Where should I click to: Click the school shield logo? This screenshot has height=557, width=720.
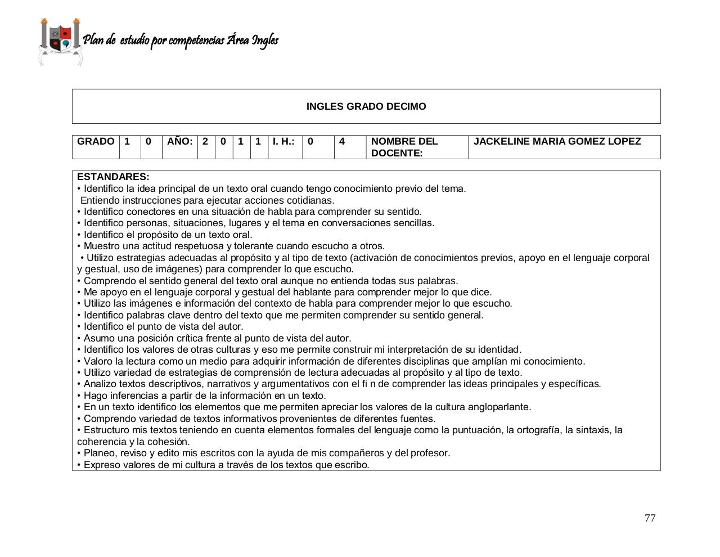(x=60, y=41)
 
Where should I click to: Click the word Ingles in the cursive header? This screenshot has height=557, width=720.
(x=265, y=41)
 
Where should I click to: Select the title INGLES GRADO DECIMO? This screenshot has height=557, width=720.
(x=366, y=106)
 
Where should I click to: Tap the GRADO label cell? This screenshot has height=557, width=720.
(x=96, y=142)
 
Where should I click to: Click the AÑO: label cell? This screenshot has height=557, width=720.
(x=179, y=142)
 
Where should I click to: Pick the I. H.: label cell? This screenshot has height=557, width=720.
(x=284, y=142)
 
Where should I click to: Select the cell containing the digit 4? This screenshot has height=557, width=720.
(x=342, y=142)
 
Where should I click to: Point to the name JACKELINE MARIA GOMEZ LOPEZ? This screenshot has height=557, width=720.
(x=557, y=142)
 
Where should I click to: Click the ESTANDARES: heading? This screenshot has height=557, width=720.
(x=113, y=177)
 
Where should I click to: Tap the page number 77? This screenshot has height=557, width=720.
(x=650, y=518)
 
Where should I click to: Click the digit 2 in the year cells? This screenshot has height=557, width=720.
(x=205, y=142)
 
